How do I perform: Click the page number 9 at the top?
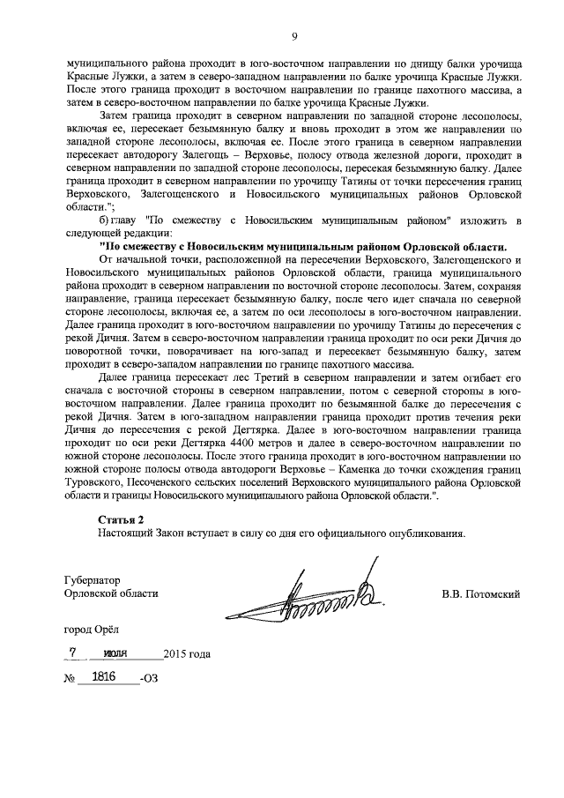294,36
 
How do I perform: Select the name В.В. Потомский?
480,594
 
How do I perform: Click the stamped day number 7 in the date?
75,653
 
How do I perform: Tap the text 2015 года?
187,654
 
